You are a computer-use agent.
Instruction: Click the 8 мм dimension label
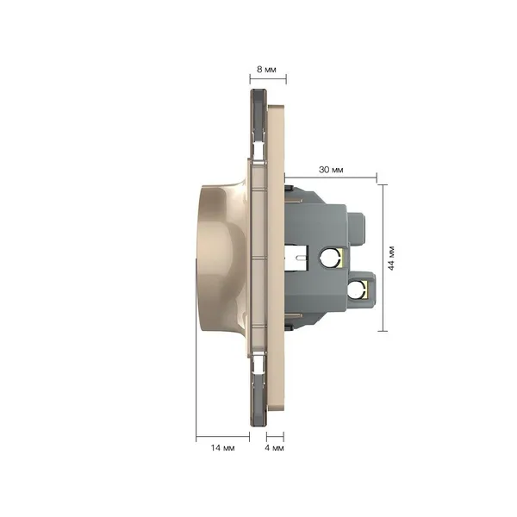coord(266,70)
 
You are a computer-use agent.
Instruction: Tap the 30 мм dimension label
coord(331,170)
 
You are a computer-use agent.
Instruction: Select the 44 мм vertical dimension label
coord(391,258)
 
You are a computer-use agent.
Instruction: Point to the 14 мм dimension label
coord(222,448)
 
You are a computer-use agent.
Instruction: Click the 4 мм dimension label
coord(274,448)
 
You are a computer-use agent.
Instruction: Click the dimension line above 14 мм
coord(222,437)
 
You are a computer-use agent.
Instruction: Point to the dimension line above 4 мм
coord(275,437)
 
